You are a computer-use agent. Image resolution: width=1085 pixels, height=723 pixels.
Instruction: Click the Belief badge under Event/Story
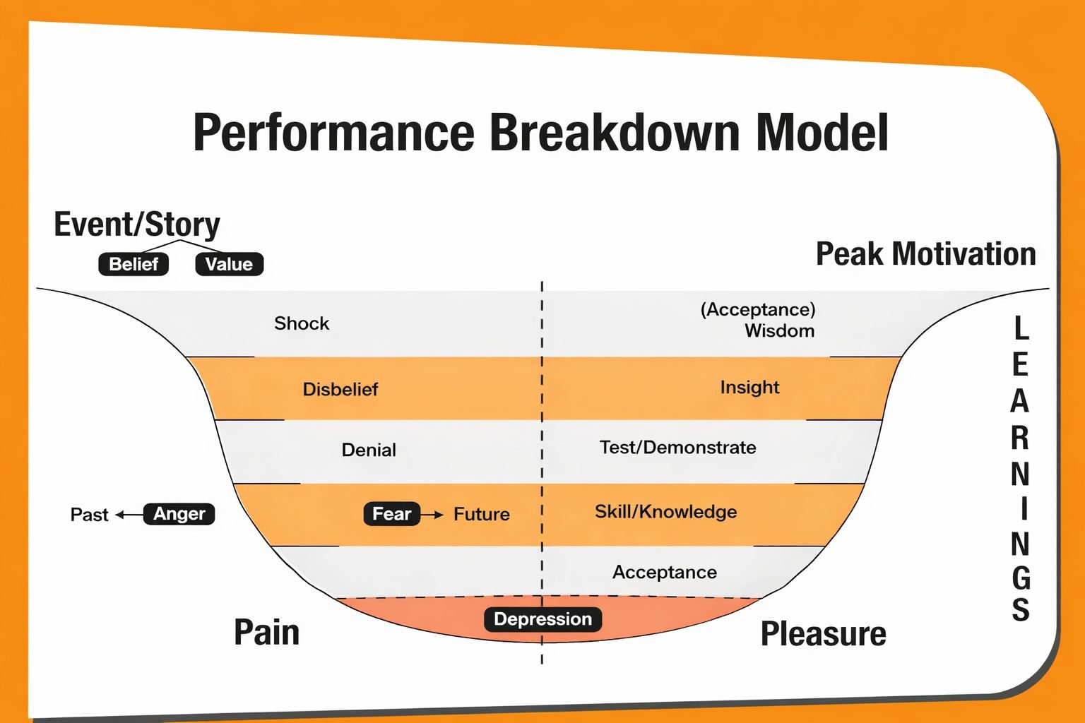[x=134, y=264]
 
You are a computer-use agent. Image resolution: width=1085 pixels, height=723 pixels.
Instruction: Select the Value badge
[x=229, y=264]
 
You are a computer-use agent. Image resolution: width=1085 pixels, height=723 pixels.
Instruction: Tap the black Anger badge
[x=179, y=514]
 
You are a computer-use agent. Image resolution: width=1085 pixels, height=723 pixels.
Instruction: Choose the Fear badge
[x=391, y=514]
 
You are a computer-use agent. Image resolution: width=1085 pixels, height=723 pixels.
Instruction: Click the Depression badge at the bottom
[x=542, y=619]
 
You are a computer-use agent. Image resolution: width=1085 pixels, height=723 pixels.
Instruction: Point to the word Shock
[x=302, y=323]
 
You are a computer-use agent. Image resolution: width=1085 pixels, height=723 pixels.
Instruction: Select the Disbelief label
[x=340, y=389]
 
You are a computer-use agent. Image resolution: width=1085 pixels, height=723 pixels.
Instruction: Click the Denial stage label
[x=369, y=450]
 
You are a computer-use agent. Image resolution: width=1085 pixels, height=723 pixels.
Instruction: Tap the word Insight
[x=749, y=387]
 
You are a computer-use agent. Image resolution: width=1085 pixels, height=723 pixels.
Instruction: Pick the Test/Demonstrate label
[x=677, y=448]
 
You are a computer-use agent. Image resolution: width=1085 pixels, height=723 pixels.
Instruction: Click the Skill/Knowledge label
[x=665, y=512]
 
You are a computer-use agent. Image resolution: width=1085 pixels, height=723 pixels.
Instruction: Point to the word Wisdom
[x=779, y=331]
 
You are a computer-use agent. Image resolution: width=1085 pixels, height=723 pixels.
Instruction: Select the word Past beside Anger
[x=90, y=515]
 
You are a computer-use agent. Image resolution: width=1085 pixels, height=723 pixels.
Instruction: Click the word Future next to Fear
[x=482, y=514]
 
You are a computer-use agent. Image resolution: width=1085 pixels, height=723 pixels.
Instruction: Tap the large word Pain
[x=266, y=633]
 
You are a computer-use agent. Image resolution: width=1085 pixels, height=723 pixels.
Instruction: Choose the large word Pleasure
[x=823, y=634]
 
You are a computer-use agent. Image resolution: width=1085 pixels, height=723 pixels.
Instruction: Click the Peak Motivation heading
[x=925, y=254]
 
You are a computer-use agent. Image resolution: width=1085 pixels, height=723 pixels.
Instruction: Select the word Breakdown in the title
[x=612, y=133]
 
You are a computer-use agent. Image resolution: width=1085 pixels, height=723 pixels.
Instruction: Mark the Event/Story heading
[x=137, y=225]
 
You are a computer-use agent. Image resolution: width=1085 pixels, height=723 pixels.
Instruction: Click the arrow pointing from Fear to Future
[x=432, y=515]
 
